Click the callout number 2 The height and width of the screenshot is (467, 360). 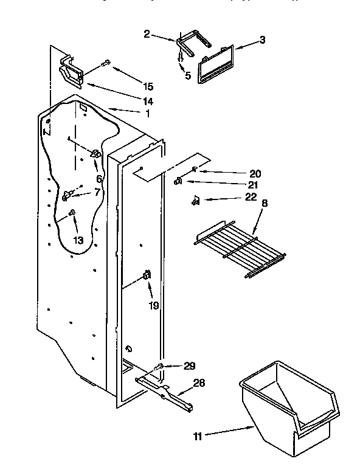(x=147, y=34)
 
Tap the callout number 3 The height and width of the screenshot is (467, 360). (x=262, y=40)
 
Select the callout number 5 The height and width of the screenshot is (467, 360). (x=187, y=76)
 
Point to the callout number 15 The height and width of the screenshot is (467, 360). (x=148, y=87)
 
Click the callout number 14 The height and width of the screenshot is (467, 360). (x=148, y=101)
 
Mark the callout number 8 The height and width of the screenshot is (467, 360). (x=264, y=204)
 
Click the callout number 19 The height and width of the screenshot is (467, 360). (x=154, y=305)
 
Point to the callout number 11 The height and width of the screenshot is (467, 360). (x=196, y=435)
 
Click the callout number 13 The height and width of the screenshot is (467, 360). (x=78, y=240)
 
